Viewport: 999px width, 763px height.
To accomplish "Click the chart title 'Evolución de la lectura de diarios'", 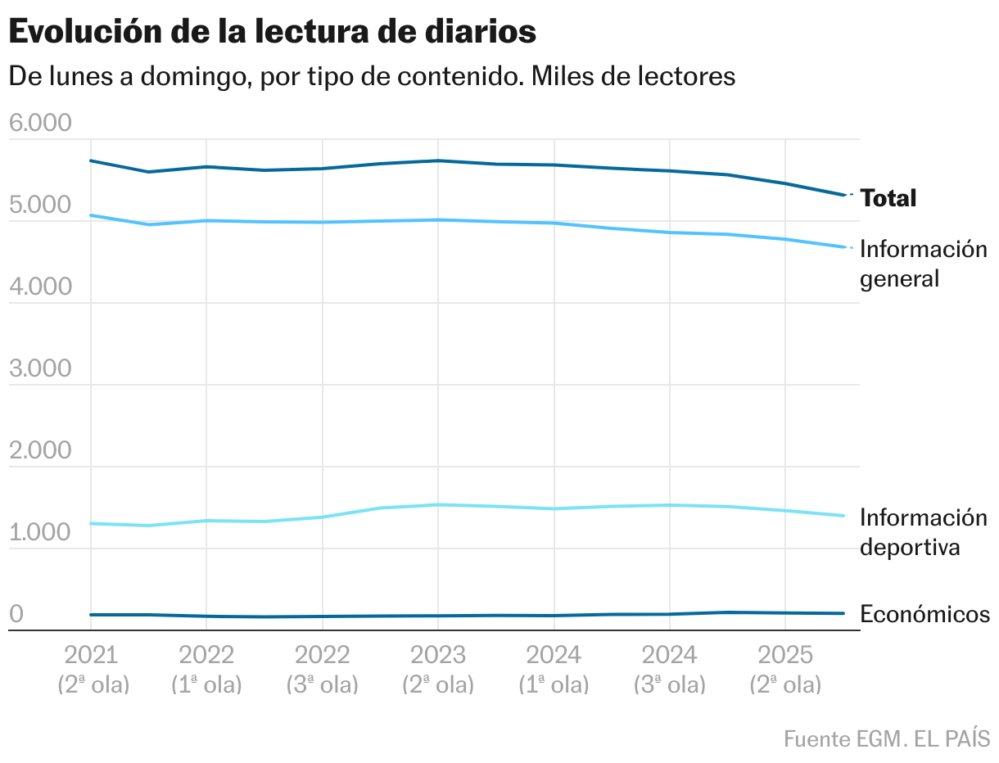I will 272,32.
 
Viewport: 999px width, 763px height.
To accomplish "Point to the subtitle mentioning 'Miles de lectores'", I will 372,76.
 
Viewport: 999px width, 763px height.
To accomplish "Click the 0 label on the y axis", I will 16,615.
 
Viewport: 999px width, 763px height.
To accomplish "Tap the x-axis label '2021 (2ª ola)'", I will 92,669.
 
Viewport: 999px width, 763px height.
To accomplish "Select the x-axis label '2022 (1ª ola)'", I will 206,669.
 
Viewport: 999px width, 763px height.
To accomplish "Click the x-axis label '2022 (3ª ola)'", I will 322,669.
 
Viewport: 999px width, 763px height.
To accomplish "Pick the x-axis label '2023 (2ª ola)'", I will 438,669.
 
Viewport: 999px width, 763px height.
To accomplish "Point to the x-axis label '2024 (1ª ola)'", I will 554,669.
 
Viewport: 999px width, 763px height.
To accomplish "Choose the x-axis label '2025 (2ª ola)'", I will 785,669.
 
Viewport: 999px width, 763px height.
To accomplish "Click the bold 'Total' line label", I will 888,198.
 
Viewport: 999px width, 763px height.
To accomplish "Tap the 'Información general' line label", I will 923,264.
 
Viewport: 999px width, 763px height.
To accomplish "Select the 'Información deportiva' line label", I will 923,532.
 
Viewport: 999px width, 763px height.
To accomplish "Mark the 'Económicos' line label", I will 924,614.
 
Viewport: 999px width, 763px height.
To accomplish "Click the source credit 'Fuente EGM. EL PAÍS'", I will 886,738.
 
